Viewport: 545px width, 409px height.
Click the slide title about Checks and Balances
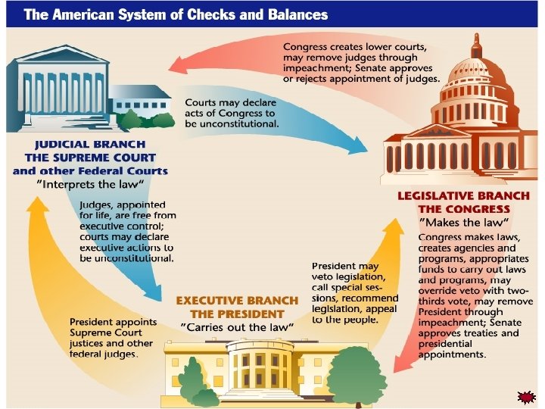176,14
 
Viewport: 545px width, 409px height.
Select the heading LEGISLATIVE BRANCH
463,195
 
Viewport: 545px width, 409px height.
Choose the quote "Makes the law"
463,222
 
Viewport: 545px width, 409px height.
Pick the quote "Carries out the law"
236,326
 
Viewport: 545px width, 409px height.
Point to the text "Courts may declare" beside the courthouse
232,101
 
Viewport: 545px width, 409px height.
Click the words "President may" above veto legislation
344,267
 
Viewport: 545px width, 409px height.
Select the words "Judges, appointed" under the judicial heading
123,205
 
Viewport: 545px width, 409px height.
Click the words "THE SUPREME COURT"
90,158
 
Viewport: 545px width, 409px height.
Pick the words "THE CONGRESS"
464,208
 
